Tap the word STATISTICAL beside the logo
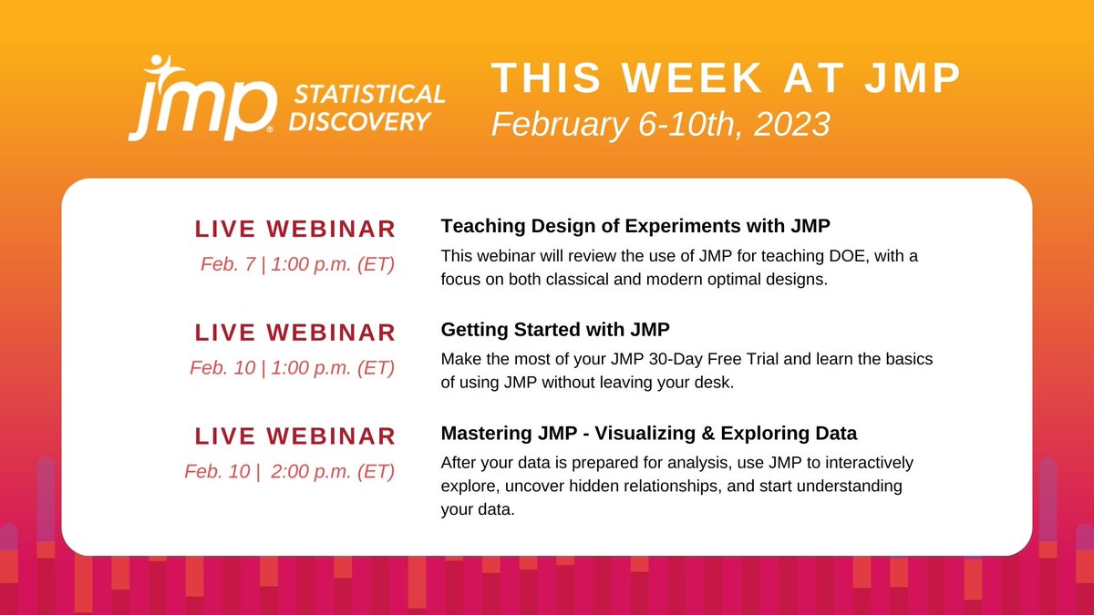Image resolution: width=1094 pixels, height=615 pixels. (x=366, y=95)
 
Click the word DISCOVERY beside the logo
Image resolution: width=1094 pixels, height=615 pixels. (x=359, y=122)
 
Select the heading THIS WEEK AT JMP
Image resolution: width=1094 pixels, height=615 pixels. (x=727, y=79)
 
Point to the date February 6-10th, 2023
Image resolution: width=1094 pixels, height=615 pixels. (x=661, y=123)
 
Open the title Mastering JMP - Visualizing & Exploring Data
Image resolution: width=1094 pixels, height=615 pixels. (x=649, y=433)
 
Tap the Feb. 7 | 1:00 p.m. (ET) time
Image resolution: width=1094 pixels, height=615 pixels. (x=298, y=265)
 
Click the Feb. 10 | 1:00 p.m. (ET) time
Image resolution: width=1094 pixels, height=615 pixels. (x=293, y=368)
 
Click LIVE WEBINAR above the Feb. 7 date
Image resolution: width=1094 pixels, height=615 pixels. (x=295, y=229)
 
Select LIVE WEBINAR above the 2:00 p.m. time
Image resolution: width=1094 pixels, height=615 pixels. (x=295, y=436)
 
